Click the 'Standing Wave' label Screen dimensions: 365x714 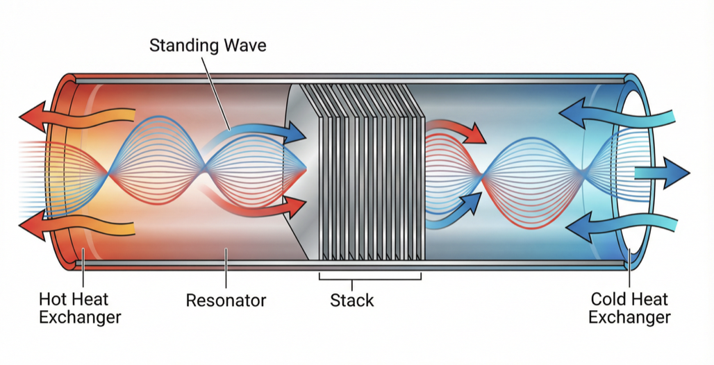coord(208,46)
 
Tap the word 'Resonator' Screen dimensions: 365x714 coord(226,300)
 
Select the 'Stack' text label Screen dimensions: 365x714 coord(351,300)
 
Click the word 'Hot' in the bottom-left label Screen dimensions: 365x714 coord(54,300)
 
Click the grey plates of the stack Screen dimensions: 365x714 coord(368,173)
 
